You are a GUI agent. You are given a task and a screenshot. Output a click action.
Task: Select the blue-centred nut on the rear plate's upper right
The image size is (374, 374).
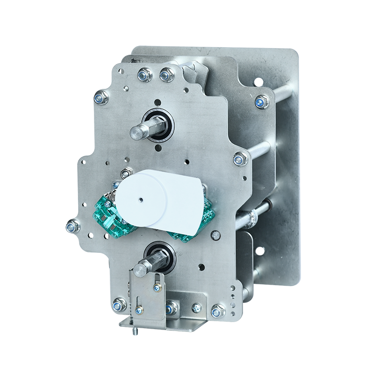pyautogui.click(x=262, y=101)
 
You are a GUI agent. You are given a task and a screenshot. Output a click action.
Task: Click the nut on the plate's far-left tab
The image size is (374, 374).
pyautogui.click(x=72, y=227)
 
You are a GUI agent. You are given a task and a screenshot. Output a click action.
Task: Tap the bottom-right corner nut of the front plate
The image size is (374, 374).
pyautogui.click(x=218, y=310)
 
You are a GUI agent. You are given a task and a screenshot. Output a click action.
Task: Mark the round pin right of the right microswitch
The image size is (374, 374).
pyautogui.click(x=216, y=236)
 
